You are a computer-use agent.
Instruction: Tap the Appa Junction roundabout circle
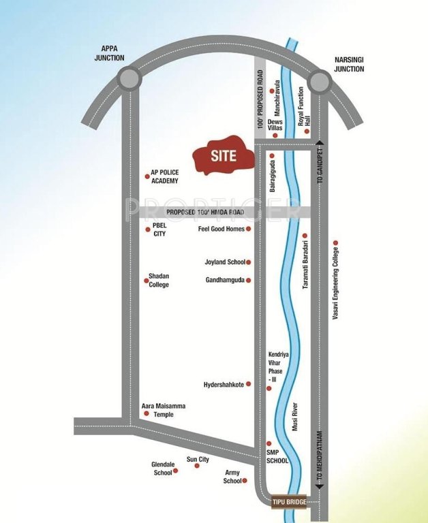coord(128,80)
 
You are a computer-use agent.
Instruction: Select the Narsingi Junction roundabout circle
coord(318,82)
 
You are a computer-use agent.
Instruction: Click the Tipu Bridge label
coord(288,502)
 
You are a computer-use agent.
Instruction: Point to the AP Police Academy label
coord(165,177)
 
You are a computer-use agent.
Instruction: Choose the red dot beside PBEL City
coord(148,229)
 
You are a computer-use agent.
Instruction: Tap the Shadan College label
coord(159,281)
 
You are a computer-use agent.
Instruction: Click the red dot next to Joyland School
coord(248,262)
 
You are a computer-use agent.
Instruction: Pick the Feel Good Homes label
coord(221,229)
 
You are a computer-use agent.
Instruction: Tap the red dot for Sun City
coord(198,465)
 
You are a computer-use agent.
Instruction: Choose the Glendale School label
coord(162,469)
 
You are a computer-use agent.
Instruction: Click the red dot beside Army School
coord(245,481)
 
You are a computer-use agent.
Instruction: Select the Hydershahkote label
coord(224,385)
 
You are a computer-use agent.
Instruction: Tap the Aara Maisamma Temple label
coord(164,410)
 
